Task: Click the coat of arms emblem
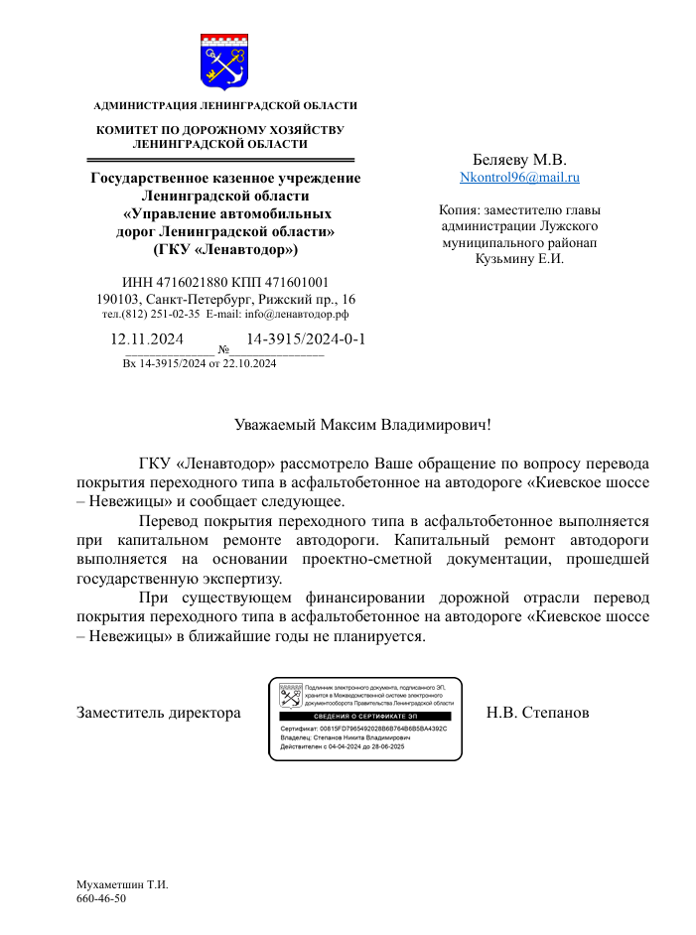[x=224, y=61]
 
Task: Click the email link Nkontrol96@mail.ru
[x=519, y=178]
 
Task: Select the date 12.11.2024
[x=147, y=338]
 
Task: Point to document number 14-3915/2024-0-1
[x=306, y=338]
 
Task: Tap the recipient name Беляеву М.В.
[x=519, y=159]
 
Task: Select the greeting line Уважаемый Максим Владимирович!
[x=362, y=425]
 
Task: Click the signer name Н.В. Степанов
[x=538, y=713]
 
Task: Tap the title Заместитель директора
[x=159, y=713]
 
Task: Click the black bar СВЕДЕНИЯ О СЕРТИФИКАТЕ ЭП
[x=364, y=716]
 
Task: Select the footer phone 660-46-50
[x=101, y=898]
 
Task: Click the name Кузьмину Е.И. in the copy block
[x=519, y=260]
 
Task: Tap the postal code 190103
[x=117, y=298]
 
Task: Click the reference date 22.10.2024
[x=249, y=363]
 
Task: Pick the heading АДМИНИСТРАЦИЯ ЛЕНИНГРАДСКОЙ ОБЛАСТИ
[x=225, y=105]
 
